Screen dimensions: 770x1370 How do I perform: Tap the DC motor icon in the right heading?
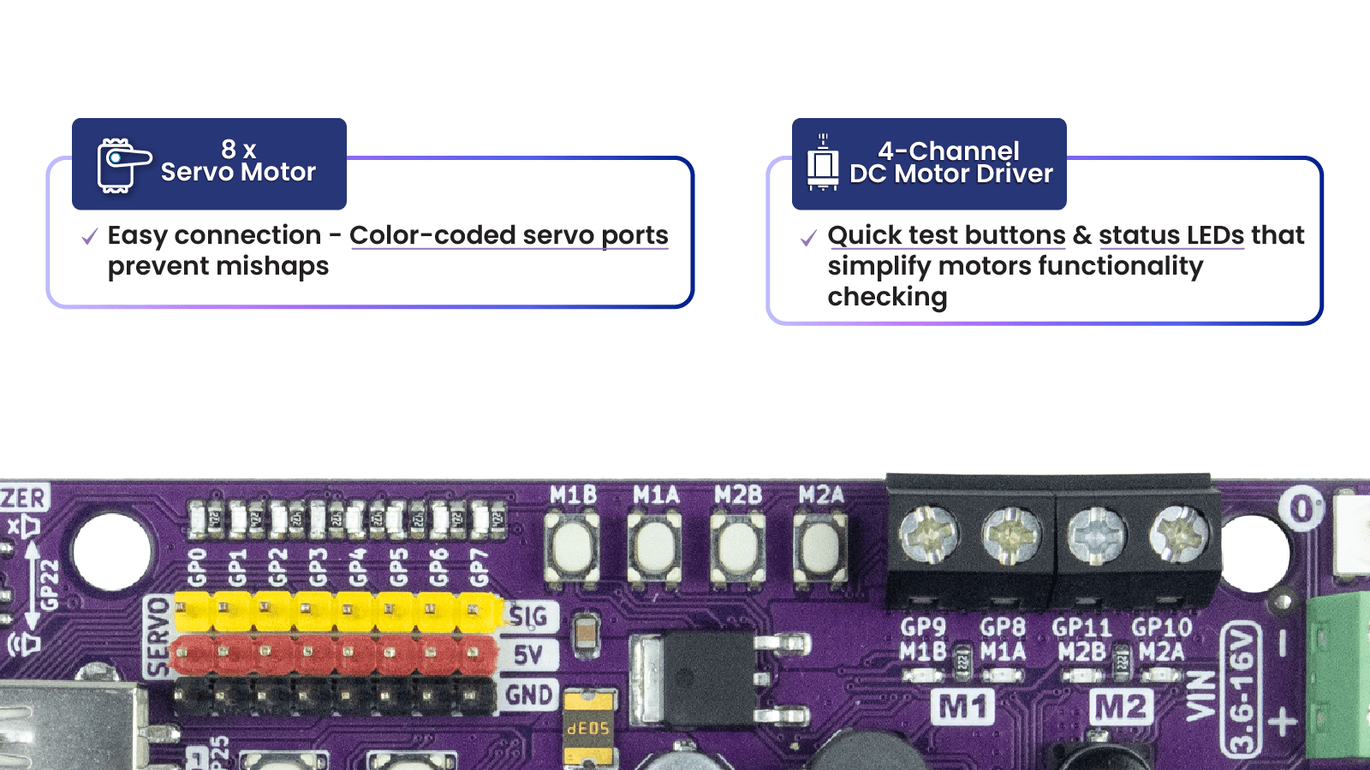[823, 163]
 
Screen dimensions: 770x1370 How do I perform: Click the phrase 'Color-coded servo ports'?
[509, 235]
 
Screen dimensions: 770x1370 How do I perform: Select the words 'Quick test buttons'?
[946, 235]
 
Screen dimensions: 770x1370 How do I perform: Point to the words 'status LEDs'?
[1170, 235]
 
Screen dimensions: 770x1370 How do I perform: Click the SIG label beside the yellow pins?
[528, 616]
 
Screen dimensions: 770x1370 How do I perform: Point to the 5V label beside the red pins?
[527, 655]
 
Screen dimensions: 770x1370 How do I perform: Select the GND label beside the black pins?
[528, 695]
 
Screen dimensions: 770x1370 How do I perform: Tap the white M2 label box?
[1122, 708]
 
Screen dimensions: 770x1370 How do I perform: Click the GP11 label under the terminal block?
[1081, 628]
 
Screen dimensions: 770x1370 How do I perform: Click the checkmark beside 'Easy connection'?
[89, 237]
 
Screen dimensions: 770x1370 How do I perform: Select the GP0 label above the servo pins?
[197, 566]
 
